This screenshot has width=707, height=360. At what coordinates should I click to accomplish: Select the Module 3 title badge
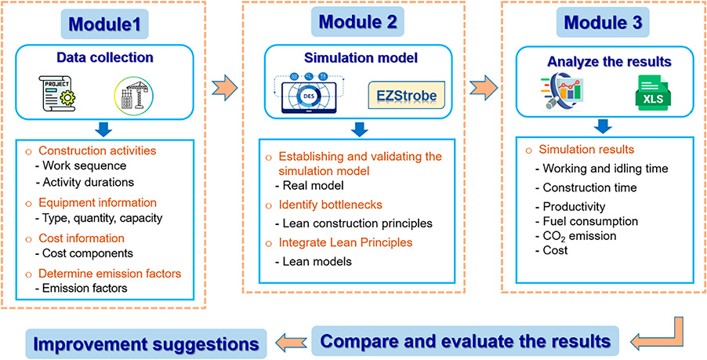(602, 22)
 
